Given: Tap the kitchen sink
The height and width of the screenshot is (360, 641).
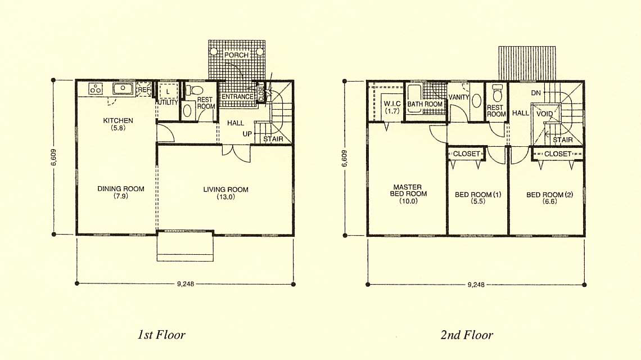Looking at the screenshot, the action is [122, 88].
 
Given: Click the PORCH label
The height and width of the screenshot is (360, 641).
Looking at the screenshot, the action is [236, 55].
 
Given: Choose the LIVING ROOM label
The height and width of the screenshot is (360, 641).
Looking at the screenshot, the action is [225, 190].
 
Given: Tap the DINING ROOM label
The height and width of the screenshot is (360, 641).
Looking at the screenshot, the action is [120, 188].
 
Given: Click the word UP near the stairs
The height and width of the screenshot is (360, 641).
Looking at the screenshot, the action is [247, 134].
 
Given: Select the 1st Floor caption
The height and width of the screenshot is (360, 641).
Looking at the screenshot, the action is [161, 335].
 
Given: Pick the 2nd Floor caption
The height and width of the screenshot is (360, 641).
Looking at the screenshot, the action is [467, 335].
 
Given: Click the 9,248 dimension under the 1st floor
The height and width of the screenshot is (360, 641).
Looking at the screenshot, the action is [185, 284].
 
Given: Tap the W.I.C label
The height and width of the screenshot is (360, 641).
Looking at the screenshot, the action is [392, 104].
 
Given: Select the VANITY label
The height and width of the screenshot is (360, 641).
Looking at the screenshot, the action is [459, 97].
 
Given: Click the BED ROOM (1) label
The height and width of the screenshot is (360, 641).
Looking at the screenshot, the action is [478, 194].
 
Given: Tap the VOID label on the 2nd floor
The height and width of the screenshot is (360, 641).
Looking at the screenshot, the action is [544, 114].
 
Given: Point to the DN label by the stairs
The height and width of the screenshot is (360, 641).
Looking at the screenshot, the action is [536, 93].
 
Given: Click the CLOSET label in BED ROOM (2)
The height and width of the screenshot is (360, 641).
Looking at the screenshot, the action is [558, 154].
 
